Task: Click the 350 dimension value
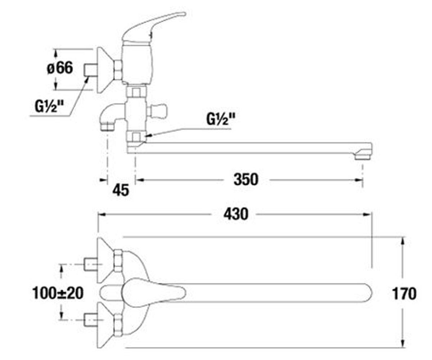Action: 246,179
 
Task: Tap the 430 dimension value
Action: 236,214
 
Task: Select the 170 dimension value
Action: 404,294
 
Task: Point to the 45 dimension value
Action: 121,190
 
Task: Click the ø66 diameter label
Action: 60,68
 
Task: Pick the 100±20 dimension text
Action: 58,293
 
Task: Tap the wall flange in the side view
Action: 105,70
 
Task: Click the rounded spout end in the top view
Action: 366,293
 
